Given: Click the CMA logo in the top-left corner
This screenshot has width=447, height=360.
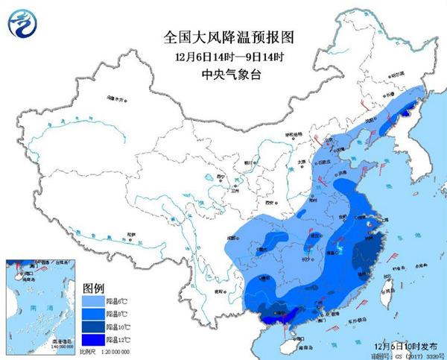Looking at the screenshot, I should click(22, 23).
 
